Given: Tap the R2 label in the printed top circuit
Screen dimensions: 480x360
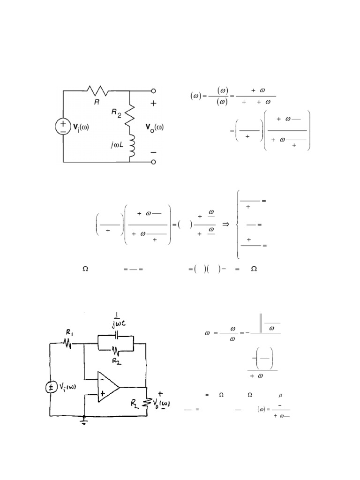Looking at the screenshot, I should [x=115, y=113].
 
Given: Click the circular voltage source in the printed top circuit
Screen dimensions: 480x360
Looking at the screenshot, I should [x=63, y=126].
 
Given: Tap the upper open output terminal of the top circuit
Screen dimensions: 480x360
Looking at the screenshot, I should [x=153, y=91].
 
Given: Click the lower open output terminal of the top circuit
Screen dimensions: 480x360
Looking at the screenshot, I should [x=153, y=162].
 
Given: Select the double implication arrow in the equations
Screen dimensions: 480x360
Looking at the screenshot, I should [x=225, y=225].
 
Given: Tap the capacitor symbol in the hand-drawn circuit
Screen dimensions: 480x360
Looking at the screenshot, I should [x=115, y=336].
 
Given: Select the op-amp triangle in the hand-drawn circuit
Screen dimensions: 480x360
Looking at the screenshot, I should [x=107, y=387].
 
